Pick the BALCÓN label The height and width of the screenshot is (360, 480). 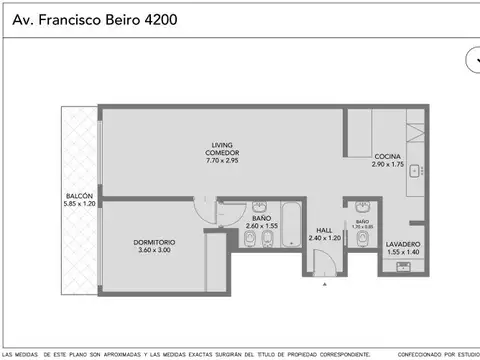[x=79, y=196]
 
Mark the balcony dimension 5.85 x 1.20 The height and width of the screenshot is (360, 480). [x=79, y=205]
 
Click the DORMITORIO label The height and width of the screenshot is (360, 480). [x=154, y=241]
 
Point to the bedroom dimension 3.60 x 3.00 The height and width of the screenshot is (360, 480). [x=154, y=250]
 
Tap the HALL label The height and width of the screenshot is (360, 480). [x=325, y=229]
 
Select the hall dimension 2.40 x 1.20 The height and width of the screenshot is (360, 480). [x=325, y=238]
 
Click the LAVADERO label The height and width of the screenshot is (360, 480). [x=403, y=244]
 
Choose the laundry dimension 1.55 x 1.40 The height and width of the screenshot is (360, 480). [x=403, y=253]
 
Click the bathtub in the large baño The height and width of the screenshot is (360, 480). [x=291, y=226]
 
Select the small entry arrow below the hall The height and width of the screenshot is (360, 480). [x=325, y=285]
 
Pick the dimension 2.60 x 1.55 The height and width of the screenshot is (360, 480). [x=262, y=227]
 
